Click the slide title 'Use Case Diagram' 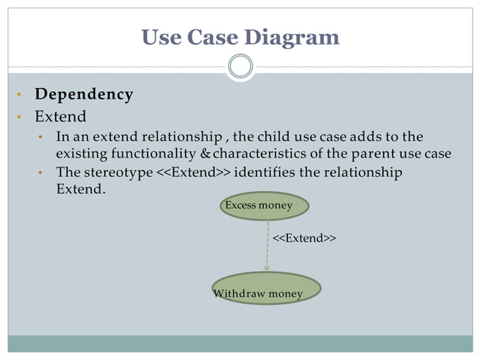pos(240,36)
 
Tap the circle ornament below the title pos(240,67)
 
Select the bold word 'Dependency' pos(84,95)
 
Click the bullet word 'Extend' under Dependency pos(60,117)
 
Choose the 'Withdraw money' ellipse pos(265,289)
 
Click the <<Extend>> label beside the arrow pos(304,238)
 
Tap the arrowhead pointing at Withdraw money pos(267,267)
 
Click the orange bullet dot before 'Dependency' pos(18,96)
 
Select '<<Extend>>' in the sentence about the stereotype pos(193,172)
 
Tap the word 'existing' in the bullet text pos(79,154)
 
